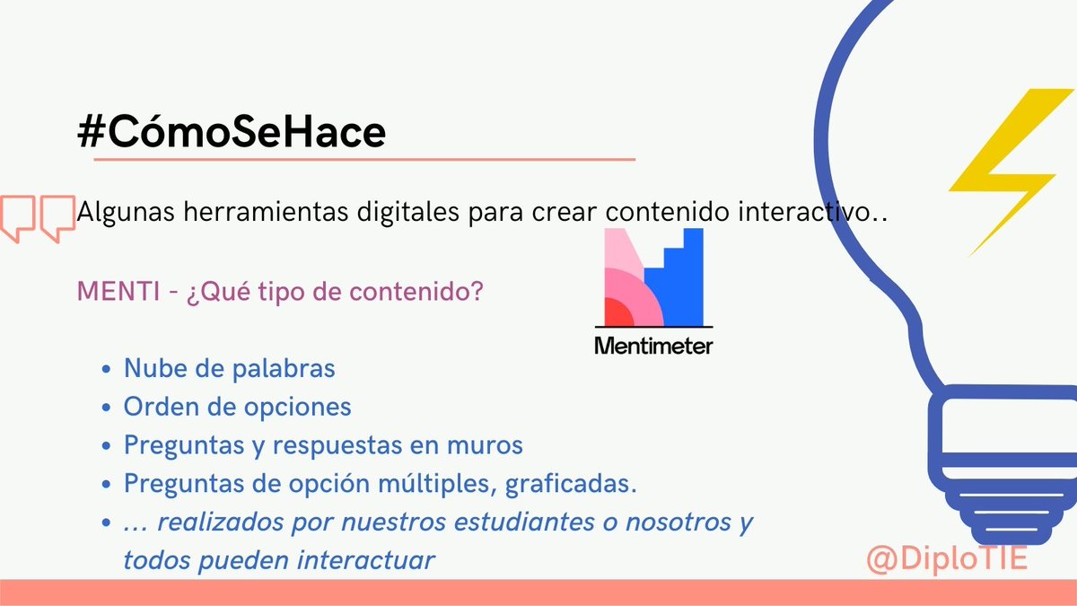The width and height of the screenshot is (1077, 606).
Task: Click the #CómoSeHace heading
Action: click(x=232, y=132)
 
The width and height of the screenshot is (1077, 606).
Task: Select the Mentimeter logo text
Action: click(x=653, y=345)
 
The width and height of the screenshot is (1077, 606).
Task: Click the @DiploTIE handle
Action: click(x=947, y=558)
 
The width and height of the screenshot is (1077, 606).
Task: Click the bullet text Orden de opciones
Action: click(x=238, y=407)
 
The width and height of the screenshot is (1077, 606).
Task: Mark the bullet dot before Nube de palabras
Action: click(x=108, y=370)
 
